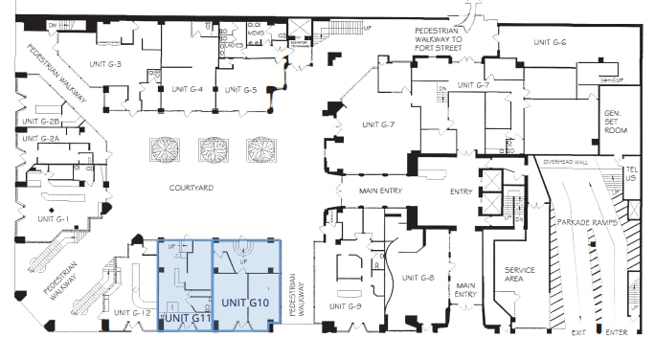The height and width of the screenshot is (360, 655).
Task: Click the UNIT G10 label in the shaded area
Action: coord(246,303)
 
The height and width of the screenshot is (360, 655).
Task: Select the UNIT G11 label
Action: coord(188,317)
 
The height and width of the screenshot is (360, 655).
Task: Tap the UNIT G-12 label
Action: coord(133,313)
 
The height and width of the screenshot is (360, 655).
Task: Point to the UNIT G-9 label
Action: coord(345,305)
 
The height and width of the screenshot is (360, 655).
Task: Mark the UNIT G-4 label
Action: coord(187,89)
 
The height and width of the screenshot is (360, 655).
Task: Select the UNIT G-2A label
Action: coord(42,139)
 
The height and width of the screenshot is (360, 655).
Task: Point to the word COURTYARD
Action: coord(190,188)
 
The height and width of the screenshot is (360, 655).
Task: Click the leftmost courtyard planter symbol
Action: coord(163,148)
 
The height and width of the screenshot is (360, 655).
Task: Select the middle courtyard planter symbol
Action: coord(212,148)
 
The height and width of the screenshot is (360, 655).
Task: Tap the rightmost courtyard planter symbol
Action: coord(260,148)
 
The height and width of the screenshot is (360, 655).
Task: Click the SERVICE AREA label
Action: coord(519,275)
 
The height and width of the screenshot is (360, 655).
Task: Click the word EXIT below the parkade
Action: coord(577,332)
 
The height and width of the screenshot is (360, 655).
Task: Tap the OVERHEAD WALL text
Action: coord(568,163)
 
